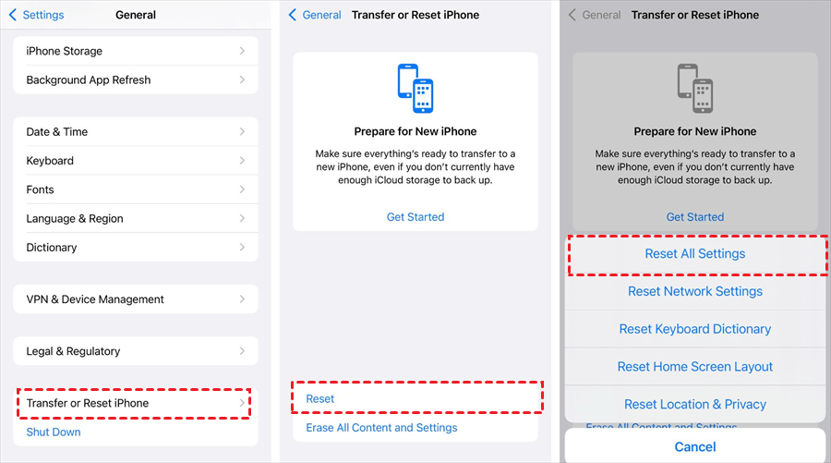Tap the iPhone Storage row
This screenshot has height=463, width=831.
pyautogui.click(x=136, y=51)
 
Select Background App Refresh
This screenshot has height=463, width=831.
pyautogui.click(x=136, y=79)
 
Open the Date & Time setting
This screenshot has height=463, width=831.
pyautogui.click(x=136, y=131)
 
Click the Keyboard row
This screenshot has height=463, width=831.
pyautogui.click(x=136, y=161)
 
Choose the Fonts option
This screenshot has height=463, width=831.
pyautogui.click(x=136, y=189)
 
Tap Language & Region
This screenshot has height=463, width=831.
pyautogui.click(x=136, y=218)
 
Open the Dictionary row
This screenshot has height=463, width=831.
pyautogui.click(x=136, y=248)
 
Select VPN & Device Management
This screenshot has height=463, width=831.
pyautogui.click(x=136, y=299)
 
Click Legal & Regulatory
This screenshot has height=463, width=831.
pyautogui.click(x=136, y=351)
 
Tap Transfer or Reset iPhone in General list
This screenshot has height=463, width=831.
pyautogui.click(x=136, y=403)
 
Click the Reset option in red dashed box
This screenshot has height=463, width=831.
pyautogui.click(x=415, y=398)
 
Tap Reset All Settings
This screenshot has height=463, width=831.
pyautogui.click(x=695, y=253)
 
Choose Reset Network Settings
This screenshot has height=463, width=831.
pyautogui.click(x=695, y=291)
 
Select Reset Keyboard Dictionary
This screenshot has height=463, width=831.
pyautogui.click(x=695, y=329)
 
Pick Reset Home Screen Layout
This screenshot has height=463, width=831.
pyautogui.click(x=695, y=367)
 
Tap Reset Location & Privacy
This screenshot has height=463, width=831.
pyautogui.click(x=695, y=404)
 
